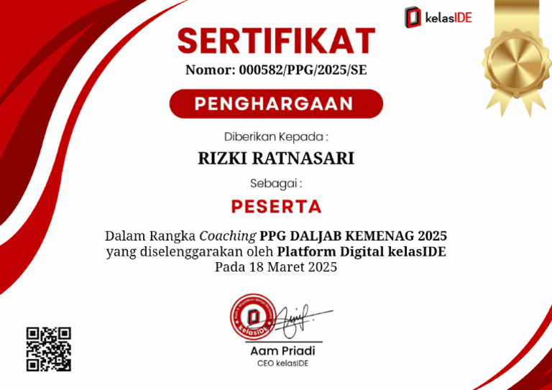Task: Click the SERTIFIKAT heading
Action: pyautogui.click(x=276, y=41)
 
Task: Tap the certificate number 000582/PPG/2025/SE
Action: pyautogui.click(x=300, y=70)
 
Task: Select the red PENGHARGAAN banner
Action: pyautogui.click(x=276, y=103)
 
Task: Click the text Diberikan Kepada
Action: pyautogui.click(x=276, y=136)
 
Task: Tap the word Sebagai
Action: pyautogui.click(x=276, y=182)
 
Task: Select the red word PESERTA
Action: pyautogui.click(x=276, y=207)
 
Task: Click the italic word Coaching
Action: pyautogui.click(x=228, y=236)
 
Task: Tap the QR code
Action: pyautogui.click(x=49, y=348)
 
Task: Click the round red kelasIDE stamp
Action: pyautogui.click(x=252, y=317)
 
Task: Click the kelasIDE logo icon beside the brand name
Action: pyautogui.click(x=412, y=17)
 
